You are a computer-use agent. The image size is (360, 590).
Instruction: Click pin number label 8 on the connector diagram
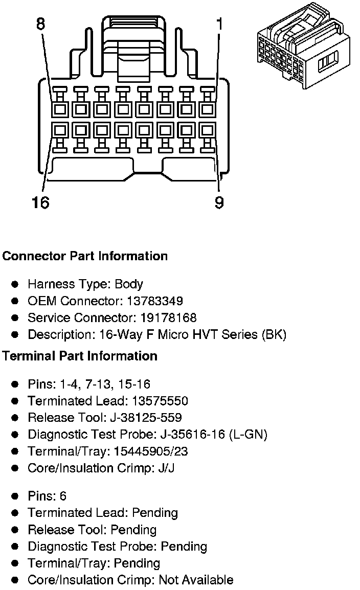click(x=40, y=24)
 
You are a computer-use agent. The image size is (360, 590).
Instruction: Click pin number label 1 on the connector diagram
click(x=219, y=24)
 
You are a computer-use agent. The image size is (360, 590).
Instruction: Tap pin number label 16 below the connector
click(x=40, y=203)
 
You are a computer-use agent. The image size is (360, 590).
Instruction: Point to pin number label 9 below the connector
click(x=219, y=203)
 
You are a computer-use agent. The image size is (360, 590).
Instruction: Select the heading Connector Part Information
click(x=85, y=256)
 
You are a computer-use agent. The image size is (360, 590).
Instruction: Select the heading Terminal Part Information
click(x=80, y=356)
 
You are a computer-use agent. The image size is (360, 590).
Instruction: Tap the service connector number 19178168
click(x=168, y=318)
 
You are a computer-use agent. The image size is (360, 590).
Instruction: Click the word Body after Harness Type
click(x=128, y=284)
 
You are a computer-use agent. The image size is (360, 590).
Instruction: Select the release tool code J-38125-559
click(x=146, y=418)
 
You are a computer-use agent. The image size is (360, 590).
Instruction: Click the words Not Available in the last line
click(x=196, y=580)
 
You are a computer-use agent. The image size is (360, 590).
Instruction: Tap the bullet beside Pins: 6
click(x=16, y=496)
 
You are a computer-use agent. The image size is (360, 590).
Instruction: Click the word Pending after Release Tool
click(x=133, y=530)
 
